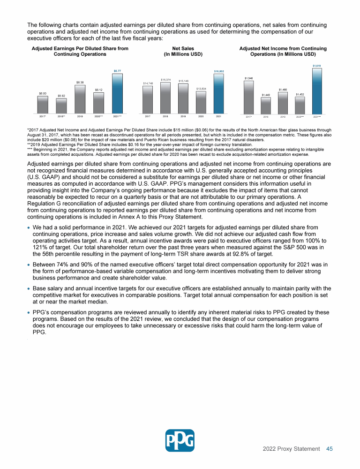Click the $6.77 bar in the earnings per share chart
coord(117,93)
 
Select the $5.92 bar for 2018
coord(61,106)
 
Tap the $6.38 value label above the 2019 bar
coord(80,82)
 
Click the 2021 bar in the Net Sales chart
coord(218,93)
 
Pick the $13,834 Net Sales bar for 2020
coord(201,102)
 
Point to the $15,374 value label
coord(165,80)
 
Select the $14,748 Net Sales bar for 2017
coord(148,99)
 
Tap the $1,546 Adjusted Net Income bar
coord(248,97)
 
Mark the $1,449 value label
coord(266,95)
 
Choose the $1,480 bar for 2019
coord(283,102)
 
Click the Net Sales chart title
coord(183,51)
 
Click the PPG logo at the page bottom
coord(180,440)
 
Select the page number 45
coord(330,449)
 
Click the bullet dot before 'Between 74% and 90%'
coord(29,265)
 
